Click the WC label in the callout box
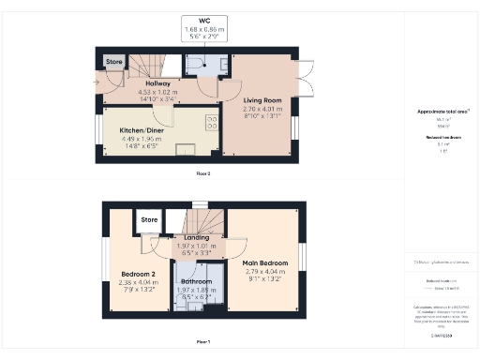tap(204, 20)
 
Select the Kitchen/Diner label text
tap(143, 132)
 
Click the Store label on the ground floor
tap(113, 62)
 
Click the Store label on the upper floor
tap(149, 220)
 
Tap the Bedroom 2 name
tap(139, 274)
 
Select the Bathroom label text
tap(196, 281)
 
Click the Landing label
tap(196, 237)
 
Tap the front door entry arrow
tap(97, 82)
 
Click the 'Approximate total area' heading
tap(442, 112)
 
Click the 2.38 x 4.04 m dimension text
tap(139, 282)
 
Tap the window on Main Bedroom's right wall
tap(302, 256)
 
